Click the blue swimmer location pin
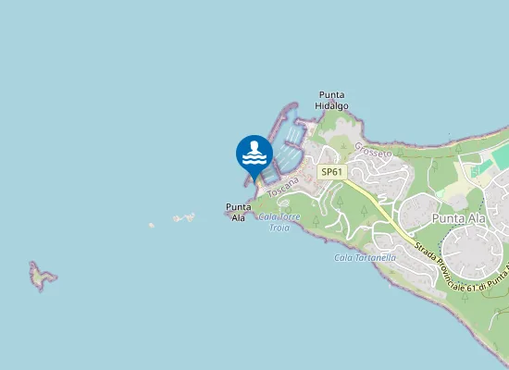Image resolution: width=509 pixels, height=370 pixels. tap(254, 154)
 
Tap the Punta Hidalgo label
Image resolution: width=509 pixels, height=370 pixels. tap(331, 101)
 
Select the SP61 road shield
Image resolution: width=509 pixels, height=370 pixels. tap(332, 172)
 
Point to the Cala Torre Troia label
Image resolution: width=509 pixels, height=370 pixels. tap(280, 222)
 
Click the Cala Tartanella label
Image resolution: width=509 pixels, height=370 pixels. tap(365, 257)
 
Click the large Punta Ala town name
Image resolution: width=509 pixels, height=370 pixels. tap(459, 217)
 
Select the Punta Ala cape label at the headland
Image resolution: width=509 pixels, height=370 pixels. tap(238, 212)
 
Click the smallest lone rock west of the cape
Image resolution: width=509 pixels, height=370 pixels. tap(151, 225)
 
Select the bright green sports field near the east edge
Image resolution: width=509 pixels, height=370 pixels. tap(501, 157)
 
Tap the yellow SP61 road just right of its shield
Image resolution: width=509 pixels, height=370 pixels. tap(355, 185)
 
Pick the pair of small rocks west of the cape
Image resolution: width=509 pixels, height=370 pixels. tap(184, 218)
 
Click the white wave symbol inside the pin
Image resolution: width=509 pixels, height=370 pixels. tap(254, 160)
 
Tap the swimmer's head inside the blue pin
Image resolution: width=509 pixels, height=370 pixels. tap(254, 145)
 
